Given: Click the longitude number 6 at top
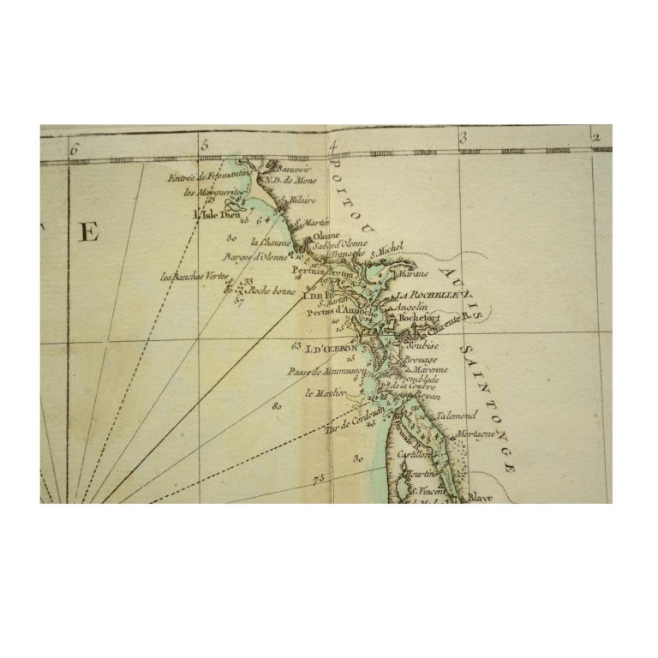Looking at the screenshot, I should tap(75, 147).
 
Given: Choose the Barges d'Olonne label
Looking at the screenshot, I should tap(253, 256).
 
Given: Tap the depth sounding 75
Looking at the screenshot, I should tap(320, 477).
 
